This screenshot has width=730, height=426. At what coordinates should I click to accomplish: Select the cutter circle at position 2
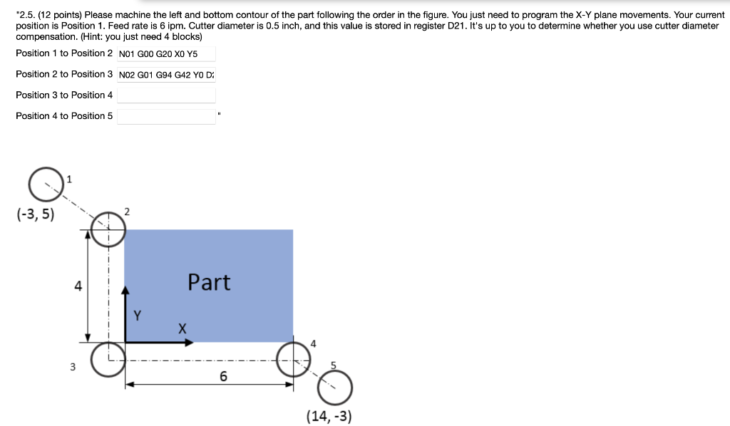click(108, 229)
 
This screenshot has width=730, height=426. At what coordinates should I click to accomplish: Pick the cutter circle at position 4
click(294, 359)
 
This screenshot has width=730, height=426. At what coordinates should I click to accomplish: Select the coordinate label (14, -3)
click(328, 416)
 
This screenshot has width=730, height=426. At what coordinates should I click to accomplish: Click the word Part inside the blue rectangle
click(209, 283)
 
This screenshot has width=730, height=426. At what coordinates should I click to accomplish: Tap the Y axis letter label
click(138, 313)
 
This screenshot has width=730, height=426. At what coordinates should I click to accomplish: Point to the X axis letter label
click(182, 328)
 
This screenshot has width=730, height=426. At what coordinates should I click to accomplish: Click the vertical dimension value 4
click(78, 286)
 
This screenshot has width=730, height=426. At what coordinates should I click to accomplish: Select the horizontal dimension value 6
click(223, 377)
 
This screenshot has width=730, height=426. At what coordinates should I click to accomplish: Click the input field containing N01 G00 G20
click(166, 53)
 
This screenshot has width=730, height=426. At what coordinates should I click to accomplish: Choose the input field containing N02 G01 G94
click(166, 74)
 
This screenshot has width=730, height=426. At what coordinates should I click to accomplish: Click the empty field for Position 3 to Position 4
click(166, 95)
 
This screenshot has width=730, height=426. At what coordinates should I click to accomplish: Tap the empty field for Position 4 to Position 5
click(166, 116)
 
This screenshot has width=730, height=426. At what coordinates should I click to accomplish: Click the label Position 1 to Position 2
click(64, 53)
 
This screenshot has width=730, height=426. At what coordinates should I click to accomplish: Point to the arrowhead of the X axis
click(190, 343)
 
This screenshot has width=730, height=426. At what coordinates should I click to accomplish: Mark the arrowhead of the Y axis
click(125, 290)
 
